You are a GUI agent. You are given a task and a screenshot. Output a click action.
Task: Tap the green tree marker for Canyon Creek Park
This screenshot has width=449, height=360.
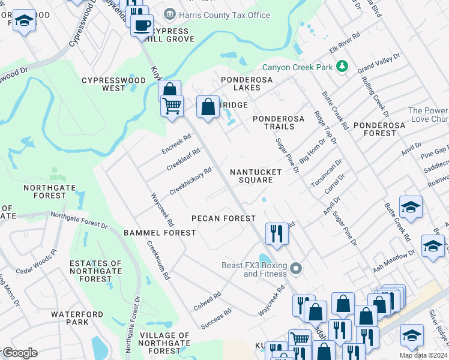point(342,67)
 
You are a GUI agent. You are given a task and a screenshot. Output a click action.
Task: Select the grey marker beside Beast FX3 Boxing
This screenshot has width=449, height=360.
point(295,268)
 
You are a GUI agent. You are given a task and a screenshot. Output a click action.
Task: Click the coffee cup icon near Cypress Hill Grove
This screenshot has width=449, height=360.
point(142,26)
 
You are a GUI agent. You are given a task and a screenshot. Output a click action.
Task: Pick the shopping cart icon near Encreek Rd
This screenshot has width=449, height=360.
point(172,106)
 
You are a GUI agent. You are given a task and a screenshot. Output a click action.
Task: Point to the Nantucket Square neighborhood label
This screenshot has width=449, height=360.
point(256,176)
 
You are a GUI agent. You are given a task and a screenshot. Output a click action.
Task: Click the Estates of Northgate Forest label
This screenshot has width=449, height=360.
point(95,271)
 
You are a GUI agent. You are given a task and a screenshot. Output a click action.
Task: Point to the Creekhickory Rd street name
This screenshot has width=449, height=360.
point(190,181)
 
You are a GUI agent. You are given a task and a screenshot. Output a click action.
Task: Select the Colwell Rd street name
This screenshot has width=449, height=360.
point(207,301)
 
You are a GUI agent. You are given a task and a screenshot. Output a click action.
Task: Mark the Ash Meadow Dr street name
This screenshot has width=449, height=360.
point(394,262)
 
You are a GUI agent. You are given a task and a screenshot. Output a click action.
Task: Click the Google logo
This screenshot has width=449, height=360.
point(19,353)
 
